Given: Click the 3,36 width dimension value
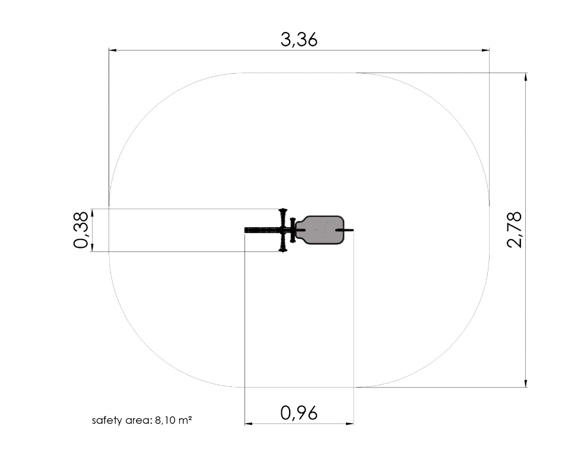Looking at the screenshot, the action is click(x=299, y=40).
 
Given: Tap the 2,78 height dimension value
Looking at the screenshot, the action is click(x=515, y=230).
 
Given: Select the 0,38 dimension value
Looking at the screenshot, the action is click(x=81, y=230).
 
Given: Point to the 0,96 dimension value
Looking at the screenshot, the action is click(x=299, y=413).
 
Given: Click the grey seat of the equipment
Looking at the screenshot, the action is click(x=321, y=230).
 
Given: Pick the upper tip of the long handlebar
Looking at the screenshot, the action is click(x=283, y=209).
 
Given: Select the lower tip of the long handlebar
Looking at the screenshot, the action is click(x=283, y=251).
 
